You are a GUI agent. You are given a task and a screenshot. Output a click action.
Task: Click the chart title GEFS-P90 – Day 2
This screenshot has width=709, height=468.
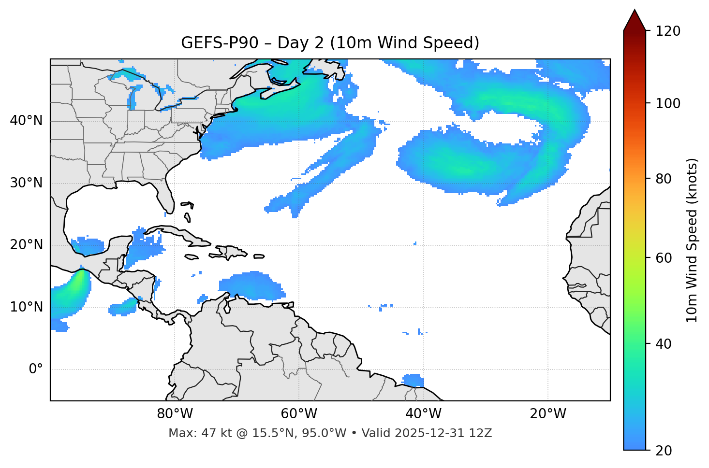pos(330,43)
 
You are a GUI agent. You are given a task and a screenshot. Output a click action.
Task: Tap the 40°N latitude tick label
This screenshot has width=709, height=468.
pos(26,121)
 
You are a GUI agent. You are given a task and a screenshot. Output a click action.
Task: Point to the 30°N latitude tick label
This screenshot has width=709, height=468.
pos(26,183)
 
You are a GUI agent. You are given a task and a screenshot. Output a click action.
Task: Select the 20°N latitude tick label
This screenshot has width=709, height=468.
pos(26,245)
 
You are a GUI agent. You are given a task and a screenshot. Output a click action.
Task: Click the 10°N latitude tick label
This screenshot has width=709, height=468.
pos(26,307)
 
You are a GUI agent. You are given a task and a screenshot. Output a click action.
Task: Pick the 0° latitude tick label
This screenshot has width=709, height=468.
pos(36,369)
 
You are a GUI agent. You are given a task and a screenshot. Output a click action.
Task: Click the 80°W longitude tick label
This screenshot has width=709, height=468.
pos(175,414)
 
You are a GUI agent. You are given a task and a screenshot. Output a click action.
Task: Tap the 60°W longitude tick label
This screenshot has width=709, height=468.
pos(299,414)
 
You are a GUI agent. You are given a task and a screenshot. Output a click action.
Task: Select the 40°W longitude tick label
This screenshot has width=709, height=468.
pos(423,414)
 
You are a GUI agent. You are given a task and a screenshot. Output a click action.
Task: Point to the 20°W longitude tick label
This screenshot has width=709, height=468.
pos(547,414)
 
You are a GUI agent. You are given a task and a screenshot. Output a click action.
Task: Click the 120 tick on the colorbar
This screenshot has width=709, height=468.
pos(667,31)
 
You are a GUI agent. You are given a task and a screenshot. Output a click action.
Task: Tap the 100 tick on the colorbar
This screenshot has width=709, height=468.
pos(667,103)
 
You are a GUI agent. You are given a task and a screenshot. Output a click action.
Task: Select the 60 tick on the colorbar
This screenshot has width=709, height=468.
pos(664,258)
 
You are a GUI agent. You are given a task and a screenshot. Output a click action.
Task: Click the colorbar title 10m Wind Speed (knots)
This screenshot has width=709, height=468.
pos(692,240)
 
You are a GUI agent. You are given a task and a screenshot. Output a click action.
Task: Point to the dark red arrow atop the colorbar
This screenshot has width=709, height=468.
pos(635,21)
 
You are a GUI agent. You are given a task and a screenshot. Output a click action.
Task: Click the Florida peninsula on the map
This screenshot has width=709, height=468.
pos(166,196)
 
